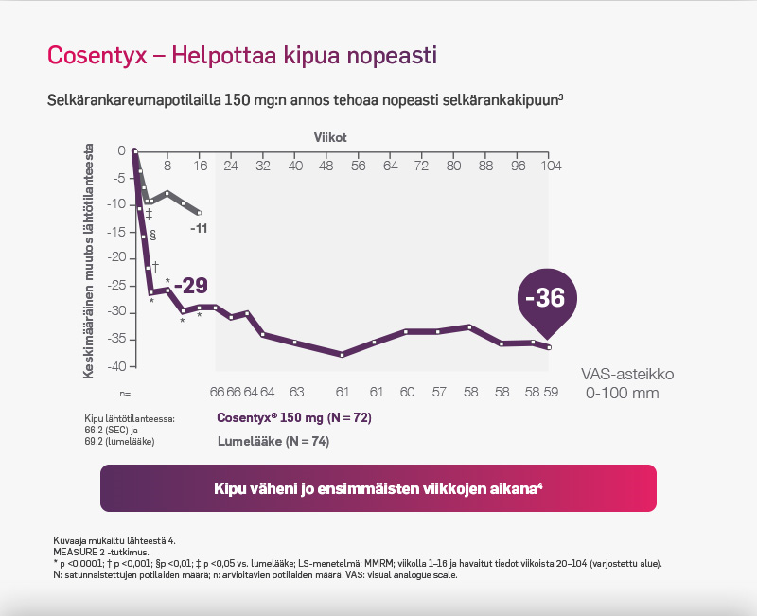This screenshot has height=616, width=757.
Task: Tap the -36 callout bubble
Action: (x=544, y=298)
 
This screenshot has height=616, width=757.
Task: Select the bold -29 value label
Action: (x=189, y=286)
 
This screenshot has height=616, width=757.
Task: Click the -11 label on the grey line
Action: (x=198, y=229)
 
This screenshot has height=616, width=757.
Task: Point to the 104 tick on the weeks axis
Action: (x=550, y=165)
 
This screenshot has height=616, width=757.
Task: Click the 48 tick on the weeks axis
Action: (x=326, y=165)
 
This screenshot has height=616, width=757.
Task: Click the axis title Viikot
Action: (x=330, y=137)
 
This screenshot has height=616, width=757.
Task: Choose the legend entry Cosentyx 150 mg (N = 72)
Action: (x=294, y=417)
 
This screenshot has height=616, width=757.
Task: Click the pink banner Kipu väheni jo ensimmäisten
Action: (x=378, y=488)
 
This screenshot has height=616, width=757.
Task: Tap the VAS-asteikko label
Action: (x=626, y=375)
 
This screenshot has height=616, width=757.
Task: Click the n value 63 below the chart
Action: (x=296, y=391)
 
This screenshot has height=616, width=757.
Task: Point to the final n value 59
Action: (x=551, y=391)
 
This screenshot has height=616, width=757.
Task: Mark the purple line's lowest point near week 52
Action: (x=343, y=355)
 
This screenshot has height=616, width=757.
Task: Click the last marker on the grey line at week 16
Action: (x=199, y=213)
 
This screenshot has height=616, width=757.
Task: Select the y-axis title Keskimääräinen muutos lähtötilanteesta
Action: (x=89, y=261)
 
